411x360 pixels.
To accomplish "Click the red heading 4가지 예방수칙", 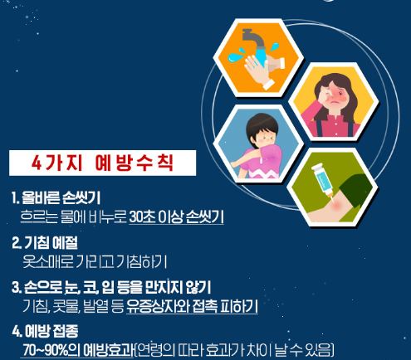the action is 102,163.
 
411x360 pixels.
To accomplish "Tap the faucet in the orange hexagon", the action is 252,41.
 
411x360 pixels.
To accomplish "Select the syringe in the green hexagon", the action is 322,181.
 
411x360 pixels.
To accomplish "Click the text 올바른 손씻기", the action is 61,197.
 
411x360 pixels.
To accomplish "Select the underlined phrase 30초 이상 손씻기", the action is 176,217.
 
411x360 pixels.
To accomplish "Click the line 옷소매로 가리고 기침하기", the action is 95,261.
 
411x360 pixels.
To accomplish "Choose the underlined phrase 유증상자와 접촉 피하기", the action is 192,306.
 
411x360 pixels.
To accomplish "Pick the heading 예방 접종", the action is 51,331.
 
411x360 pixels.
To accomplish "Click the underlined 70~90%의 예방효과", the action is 78,351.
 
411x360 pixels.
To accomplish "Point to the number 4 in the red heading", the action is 37,163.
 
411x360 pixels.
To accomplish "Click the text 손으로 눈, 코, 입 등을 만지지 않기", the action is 117,287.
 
